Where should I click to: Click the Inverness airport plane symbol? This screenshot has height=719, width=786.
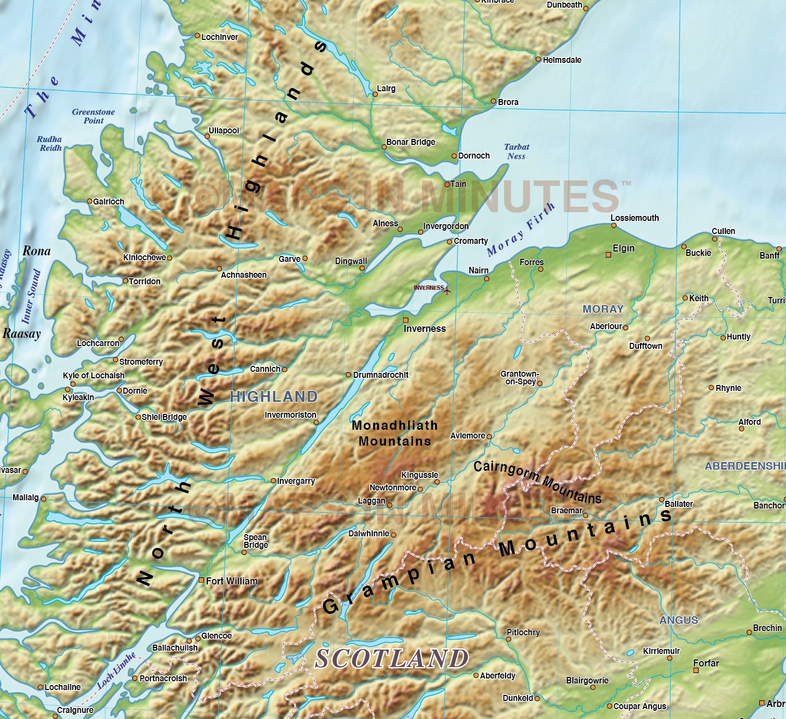pos(447,290)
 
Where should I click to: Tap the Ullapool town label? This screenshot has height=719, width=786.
pos(224,131)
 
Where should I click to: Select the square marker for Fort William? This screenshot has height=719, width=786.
pos(201,580)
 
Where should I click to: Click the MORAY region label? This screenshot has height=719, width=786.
pos(603,309)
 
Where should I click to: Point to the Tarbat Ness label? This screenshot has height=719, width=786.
pos(517,151)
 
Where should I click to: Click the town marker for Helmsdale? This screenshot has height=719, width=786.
pos(538,59)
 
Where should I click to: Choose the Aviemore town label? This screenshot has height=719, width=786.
pos(467,436)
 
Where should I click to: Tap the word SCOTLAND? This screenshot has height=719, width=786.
pos(392,658)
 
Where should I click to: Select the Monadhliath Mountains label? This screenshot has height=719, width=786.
pos(395,433)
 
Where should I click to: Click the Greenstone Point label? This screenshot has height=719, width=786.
pos(93,116)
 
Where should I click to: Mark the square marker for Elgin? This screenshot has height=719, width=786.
pos(608,255)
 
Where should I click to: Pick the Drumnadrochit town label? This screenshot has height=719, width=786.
pos(380,375)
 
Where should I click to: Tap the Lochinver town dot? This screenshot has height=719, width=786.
pos(197,36)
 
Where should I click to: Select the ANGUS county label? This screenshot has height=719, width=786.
pos(678,620)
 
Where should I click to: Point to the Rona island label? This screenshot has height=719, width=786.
pos(37,251)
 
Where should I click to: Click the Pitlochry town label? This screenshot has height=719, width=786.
pos(523,633)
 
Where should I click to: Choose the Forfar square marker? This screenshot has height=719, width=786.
pos(696,670)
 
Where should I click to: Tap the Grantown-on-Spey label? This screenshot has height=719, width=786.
pos(519,378)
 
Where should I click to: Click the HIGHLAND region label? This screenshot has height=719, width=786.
pos(274,396)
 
